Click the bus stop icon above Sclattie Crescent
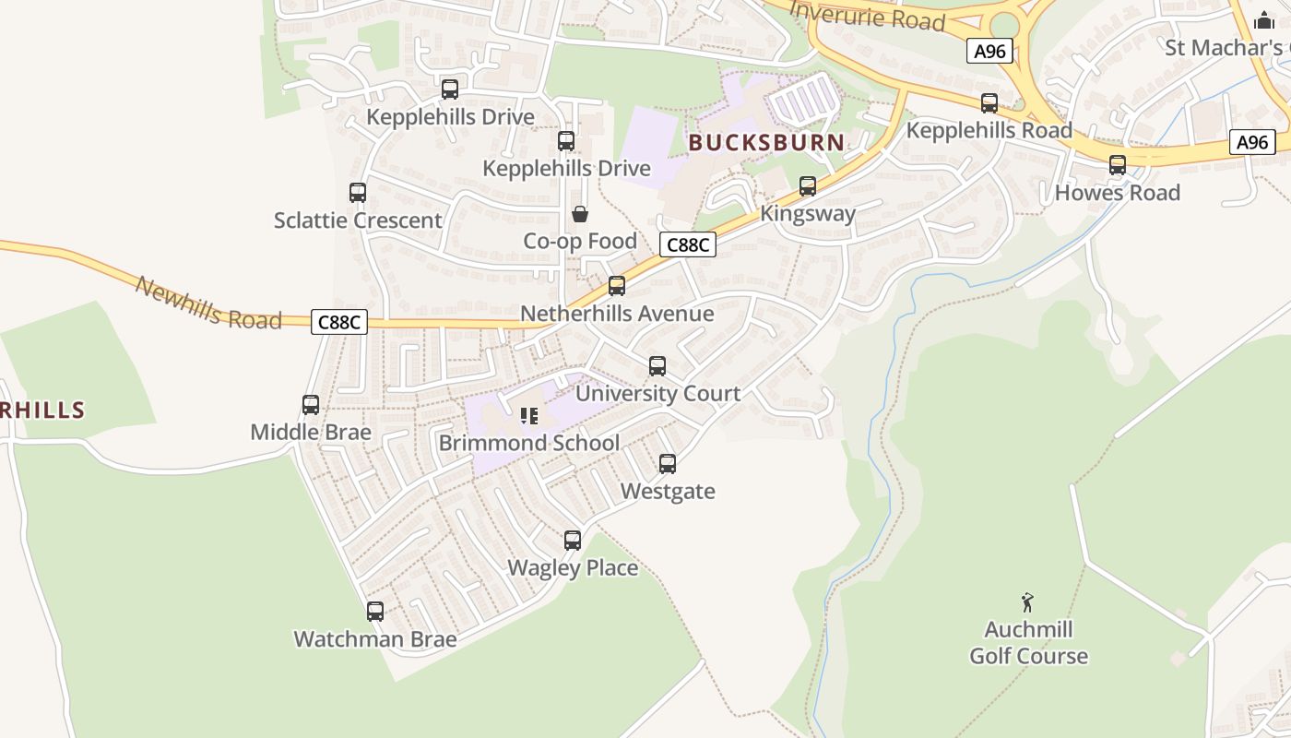[x=358, y=193]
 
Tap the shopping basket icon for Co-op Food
[x=580, y=215]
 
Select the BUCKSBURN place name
[x=766, y=142]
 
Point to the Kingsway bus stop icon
[x=808, y=185]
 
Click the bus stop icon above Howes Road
[x=1118, y=165]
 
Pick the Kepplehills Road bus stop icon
[x=989, y=103]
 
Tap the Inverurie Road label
[x=868, y=16]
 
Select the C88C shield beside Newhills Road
[x=339, y=322]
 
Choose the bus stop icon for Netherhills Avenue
[x=617, y=286]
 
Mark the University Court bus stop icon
[x=657, y=366]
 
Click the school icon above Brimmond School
[x=529, y=416]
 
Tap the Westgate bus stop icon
[x=668, y=464]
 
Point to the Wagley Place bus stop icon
[x=573, y=541]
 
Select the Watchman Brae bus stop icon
[x=375, y=612]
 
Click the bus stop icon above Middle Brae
[x=311, y=405]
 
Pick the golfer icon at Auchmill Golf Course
[x=1028, y=603]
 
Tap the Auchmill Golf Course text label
[x=1028, y=643]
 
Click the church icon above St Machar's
[x=1264, y=19]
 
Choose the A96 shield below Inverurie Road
[x=990, y=51]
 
